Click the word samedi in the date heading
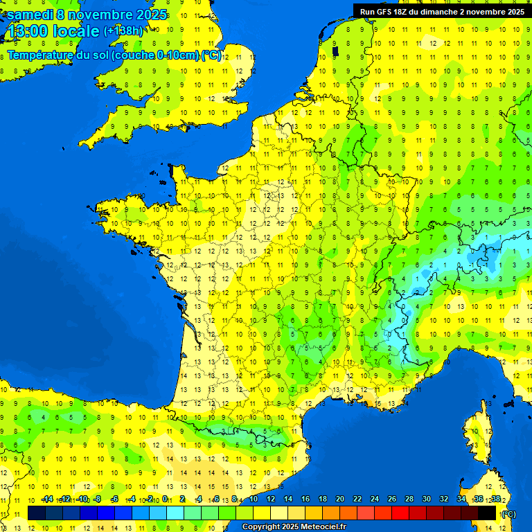pos(34,15)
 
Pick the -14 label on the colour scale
pos(46,499)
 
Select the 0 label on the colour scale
pos(165,499)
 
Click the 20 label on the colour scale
pos(340,499)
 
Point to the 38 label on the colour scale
pos(495,499)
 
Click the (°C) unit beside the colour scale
pos(509,514)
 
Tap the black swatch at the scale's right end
pos(487,513)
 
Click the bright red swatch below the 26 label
pos(400,513)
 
